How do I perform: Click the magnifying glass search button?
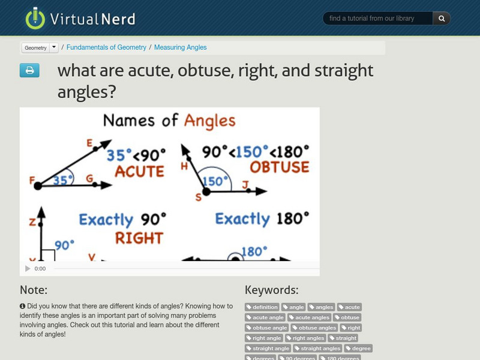(442, 19)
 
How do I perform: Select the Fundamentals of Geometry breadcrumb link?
(106, 47)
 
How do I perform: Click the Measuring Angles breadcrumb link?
(180, 47)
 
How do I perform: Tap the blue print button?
(29, 71)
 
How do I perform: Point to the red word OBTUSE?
(280, 167)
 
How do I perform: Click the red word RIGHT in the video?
(139, 239)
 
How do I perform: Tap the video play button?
(28, 269)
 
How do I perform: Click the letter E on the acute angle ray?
(89, 143)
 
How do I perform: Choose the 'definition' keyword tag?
(262, 307)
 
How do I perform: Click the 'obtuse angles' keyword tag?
(314, 328)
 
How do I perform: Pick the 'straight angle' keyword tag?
(268, 348)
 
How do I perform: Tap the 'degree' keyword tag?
(358, 348)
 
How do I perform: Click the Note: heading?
(34, 290)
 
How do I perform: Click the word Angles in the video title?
(209, 121)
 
